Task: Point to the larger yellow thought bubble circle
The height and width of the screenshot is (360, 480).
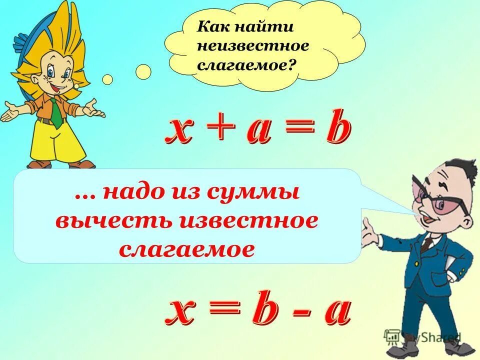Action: pyautogui.click(x=143, y=71)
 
